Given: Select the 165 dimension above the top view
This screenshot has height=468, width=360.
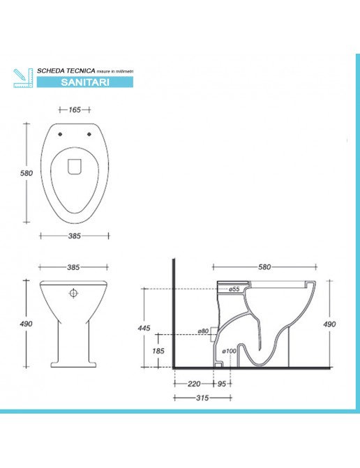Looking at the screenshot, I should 75,110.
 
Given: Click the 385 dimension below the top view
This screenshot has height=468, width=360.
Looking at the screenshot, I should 74,236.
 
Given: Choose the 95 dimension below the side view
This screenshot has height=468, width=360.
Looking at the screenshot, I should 220,384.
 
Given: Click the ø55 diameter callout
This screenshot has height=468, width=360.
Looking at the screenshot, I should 234,289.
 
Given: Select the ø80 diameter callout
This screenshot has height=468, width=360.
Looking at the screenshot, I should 204,331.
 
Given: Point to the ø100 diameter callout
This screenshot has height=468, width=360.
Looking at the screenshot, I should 228,350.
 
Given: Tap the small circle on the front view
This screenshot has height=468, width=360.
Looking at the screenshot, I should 73,294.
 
